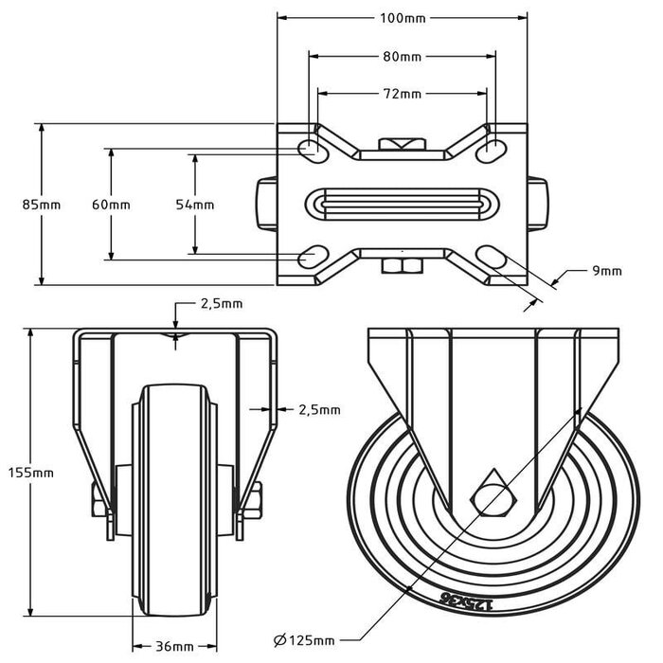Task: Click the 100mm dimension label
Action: click(402, 18)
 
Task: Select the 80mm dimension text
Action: click(402, 57)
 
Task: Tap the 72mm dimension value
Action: click(402, 94)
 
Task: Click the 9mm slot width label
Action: click(606, 271)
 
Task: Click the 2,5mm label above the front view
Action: click(221, 304)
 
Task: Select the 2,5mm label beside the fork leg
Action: click(318, 410)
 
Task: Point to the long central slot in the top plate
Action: click(402, 205)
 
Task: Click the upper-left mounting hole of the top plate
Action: click(311, 148)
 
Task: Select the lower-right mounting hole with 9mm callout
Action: click(493, 257)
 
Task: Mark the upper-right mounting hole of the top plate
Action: click(493, 148)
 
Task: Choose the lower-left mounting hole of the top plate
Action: click(311, 257)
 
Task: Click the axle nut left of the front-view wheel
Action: click(99, 499)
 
